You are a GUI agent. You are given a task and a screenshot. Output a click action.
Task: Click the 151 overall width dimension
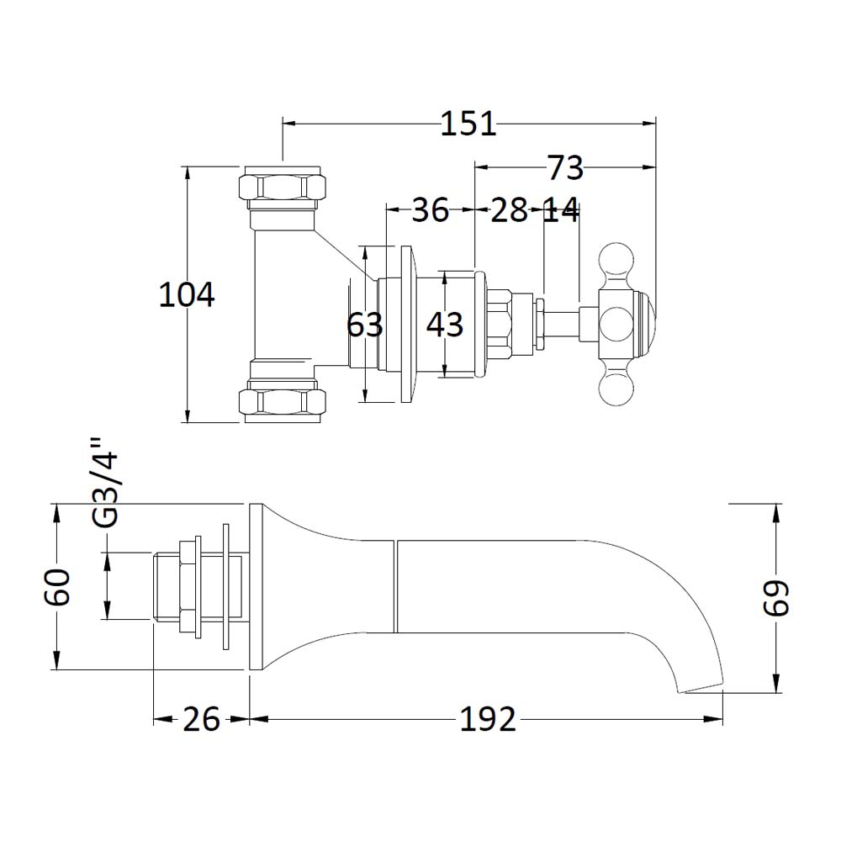pyautogui.click(x=469, y=124)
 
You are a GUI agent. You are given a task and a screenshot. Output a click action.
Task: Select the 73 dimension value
pyautogui.click(x=565, y=167)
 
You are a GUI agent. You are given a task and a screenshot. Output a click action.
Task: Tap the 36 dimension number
pyautogui.click(x=430, y=210)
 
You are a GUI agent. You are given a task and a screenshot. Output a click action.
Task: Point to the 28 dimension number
pyautogui.click(x=509, y=210)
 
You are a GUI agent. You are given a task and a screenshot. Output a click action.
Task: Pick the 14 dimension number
pyautogui.click(x=560, y=210)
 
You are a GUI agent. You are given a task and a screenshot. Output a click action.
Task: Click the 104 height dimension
pyautogui.click(x=187, y=295)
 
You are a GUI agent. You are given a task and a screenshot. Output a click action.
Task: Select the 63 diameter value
pyautogui.click(x=365, y=324)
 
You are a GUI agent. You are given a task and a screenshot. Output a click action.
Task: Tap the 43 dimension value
pyautogui.click(x=444, y=324)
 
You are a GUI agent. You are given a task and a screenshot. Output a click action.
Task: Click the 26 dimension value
pyautogui.click(x=201, y=720)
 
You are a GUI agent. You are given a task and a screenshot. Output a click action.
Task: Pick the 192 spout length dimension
pyautogui.click(x=487, y=720)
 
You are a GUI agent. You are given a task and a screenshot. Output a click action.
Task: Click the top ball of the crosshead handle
pyautogui.click(x=615, y=258)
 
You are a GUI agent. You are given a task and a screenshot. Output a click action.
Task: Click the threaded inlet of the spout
pyautogui.click(x=172, y=586)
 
